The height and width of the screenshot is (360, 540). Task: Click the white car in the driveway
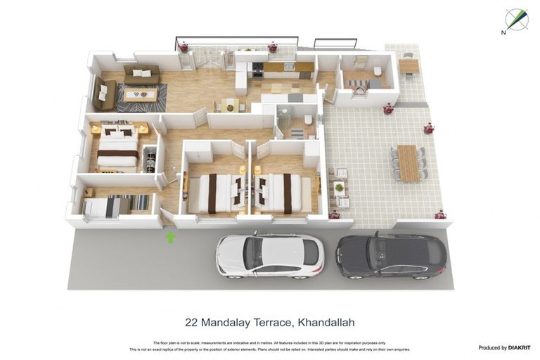tap(270, 255)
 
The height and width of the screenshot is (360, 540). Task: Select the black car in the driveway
tap(391, 255)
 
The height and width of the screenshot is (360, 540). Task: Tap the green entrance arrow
tap(169, 238)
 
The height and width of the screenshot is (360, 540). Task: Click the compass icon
tap(517, 19)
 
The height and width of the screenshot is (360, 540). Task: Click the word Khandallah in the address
tap(326, 323)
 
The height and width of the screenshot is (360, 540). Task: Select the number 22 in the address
tap(191, 323)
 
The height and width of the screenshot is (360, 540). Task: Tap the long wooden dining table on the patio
tap(408, 163)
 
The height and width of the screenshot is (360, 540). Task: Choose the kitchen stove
tap(258, 68)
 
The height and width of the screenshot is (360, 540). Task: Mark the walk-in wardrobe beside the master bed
tap(150, 158)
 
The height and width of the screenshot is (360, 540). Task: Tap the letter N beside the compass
tap(503, 32)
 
